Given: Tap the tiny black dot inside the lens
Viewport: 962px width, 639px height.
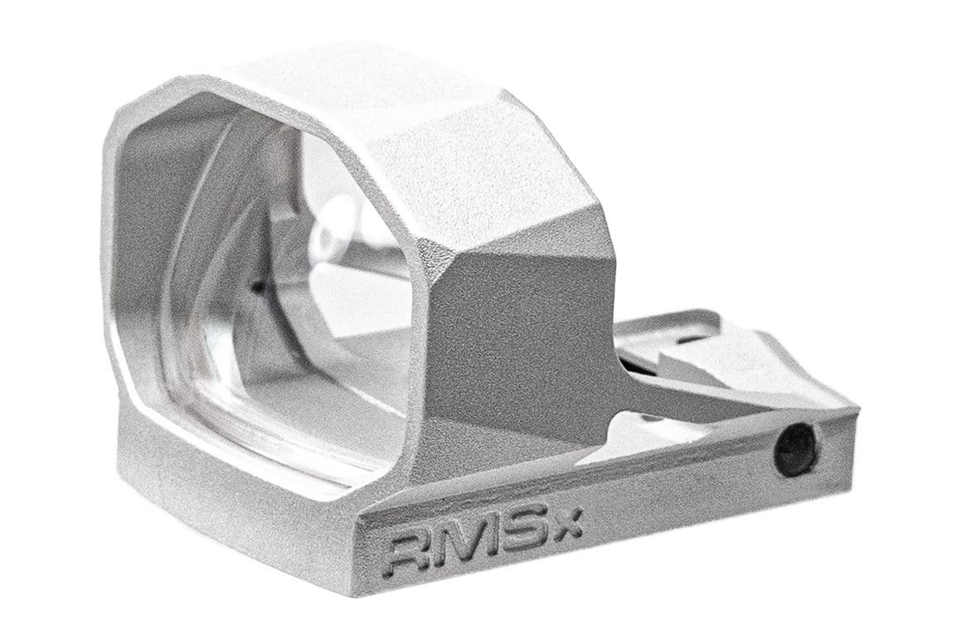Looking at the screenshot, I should [x=258, y=288].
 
